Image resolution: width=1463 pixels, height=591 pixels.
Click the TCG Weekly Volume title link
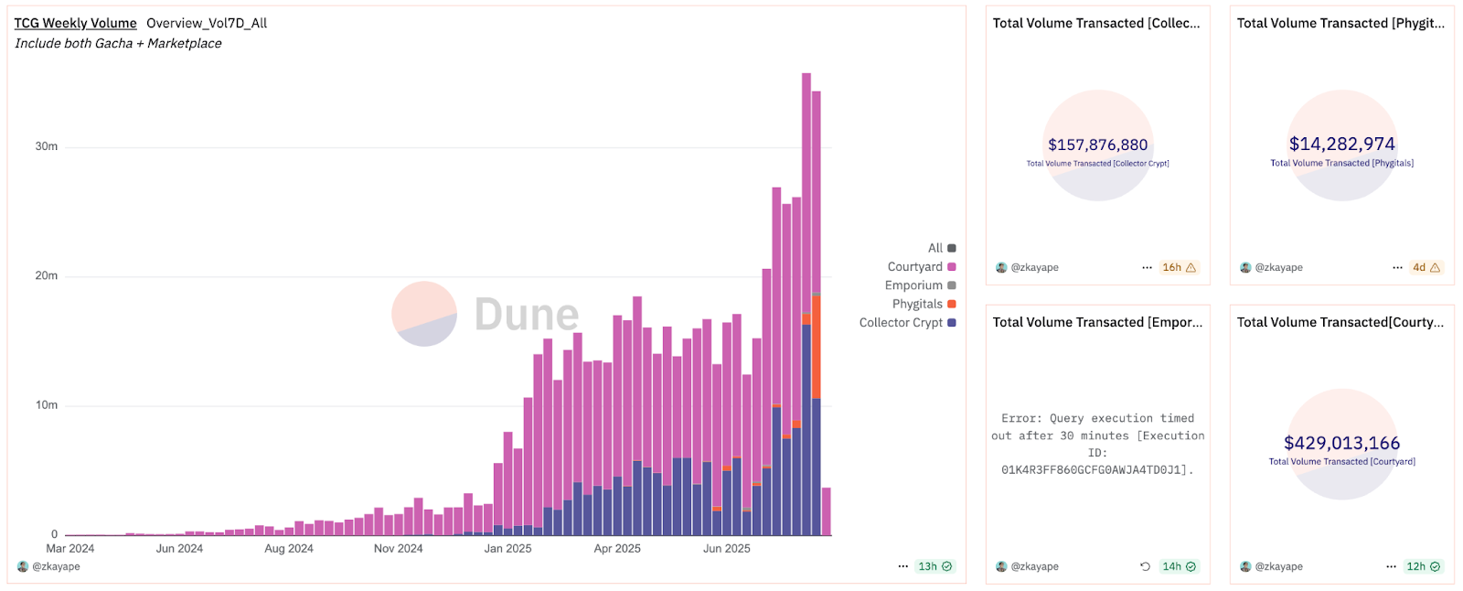(75, 23)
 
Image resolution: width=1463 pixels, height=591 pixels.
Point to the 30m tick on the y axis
(46, 146)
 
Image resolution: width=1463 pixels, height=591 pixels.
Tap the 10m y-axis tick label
(46, 405)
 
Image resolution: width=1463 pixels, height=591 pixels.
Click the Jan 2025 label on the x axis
(507, 549)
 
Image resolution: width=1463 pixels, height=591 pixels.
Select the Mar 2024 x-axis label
(70, 549)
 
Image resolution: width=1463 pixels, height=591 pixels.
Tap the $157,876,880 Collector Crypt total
(1097, 145)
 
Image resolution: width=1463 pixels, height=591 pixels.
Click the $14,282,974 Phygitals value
(1341, 144)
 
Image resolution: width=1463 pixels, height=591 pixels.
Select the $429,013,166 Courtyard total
(1341, 443)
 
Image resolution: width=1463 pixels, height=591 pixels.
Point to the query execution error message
(1097, 444)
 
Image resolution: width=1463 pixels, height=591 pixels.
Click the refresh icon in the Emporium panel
(1145, 566)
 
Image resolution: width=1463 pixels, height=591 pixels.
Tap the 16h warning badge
(1179, 267)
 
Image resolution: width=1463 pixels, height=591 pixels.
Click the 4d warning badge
(1426, 267)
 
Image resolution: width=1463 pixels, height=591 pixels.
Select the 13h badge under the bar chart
(934, 566)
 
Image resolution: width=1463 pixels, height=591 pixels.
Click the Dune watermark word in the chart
(527, 315)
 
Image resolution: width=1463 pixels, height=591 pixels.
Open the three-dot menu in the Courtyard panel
(1391, 566)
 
